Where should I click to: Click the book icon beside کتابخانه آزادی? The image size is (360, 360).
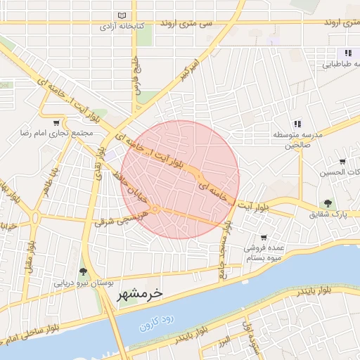tap(123, 15)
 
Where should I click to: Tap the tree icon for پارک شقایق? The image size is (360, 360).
tap(328, 203)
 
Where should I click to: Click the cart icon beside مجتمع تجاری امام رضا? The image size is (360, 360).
tap(56, 123)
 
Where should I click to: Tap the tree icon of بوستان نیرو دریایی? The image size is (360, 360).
tap(84, 271)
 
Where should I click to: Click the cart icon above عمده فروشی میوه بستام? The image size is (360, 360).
tap(264, 238)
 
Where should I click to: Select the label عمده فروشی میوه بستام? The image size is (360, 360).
tap(264, 253)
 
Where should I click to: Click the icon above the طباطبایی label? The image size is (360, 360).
tap(347, 53)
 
